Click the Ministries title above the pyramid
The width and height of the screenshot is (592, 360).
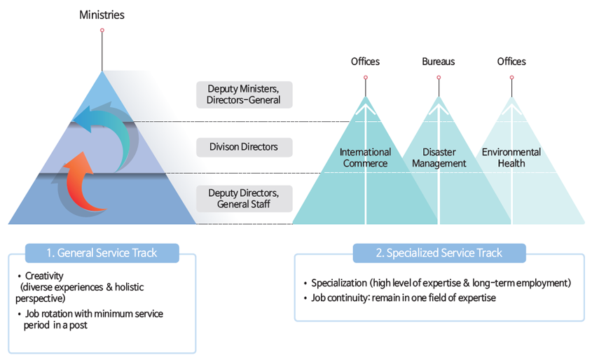click(102, 14)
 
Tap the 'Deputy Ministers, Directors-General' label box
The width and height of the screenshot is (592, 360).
click(244, 95)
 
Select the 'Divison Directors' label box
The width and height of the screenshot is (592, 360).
click(244, 147)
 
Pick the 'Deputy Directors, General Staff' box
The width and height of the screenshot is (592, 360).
click(244, 198)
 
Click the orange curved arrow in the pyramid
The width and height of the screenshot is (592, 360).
click(85, 186)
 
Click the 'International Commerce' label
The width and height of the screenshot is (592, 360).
click(365, 158)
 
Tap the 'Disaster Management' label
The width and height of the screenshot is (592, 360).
click(439, 158)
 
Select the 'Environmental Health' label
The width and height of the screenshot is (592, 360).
click(511, 158)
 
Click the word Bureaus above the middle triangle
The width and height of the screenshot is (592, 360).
click(439, 62)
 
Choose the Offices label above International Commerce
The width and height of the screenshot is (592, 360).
click(365, 62)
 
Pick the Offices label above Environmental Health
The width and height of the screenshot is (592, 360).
click(511, 62)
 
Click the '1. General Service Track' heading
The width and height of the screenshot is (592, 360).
click(102, 253)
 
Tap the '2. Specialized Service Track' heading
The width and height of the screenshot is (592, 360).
click(439, 253)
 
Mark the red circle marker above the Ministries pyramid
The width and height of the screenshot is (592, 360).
click(102, 30)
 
